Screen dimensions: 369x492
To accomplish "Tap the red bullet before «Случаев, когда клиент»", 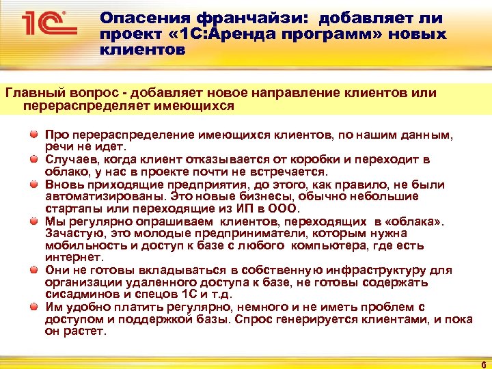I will [33, 159].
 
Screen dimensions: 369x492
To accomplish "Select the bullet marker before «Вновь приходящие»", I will [33, 184].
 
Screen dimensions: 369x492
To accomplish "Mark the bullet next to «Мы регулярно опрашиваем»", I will [33, 221].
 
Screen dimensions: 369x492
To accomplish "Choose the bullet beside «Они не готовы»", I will [33, 270].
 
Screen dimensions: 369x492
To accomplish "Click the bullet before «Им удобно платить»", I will [33, 306].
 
